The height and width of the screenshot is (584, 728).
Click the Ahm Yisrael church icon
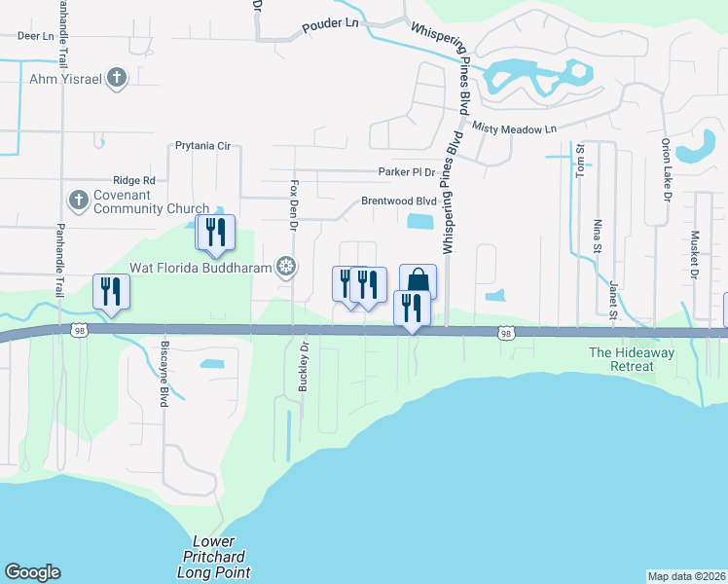click(x=117, y=79)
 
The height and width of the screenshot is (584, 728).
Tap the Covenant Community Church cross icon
click(x=78, y=201)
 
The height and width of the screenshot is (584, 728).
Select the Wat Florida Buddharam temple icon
click(x=286, y=265)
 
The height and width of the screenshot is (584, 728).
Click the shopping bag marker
click(x=418, y=281)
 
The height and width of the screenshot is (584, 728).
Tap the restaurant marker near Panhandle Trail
click(x=111, y=291)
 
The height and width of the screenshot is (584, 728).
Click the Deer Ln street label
click(x=35, y=36)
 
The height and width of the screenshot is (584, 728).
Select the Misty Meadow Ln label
click(x=514, y=128)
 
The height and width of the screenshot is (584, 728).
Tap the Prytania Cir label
click(x=202, y=146)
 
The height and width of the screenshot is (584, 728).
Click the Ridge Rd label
click(x=134, y=180)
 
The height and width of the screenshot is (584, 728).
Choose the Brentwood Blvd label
click(x=399, y=201)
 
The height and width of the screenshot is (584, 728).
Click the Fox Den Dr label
click(x=292, y=203)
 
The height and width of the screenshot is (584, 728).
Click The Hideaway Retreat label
click(x=632, y=359)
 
